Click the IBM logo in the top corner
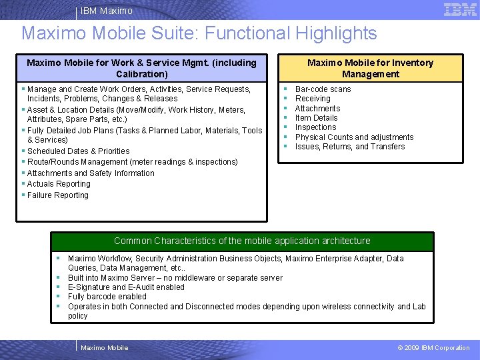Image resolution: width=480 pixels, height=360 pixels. click(x=459, y=9)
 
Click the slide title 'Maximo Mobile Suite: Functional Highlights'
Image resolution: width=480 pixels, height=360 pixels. click(x=199, y=33)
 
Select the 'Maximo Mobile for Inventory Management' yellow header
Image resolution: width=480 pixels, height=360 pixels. click(x=370, y=68)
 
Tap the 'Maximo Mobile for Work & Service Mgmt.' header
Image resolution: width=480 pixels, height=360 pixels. click(x=141, y=68)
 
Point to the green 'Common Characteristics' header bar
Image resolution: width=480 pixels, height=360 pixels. click(x=242, y=241)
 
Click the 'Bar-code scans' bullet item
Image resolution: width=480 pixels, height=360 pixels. click(x=323, y=89)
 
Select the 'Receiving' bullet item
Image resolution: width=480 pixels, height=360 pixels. click(x=313, y=99)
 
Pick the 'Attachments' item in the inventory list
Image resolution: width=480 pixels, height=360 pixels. click(x=317, y=109)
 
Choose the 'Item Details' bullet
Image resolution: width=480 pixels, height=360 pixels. click(x=316, y=118)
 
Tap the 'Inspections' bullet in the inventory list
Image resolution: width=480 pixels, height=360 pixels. click(x=315, y=127)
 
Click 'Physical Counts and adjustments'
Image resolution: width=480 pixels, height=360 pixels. click(x=354, y=137)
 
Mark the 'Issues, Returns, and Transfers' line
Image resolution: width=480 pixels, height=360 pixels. click(x=350, y=147)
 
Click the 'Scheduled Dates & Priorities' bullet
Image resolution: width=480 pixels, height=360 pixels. click(x=78, y=151)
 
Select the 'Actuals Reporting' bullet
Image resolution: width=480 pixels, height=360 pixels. click(x=59, y=184)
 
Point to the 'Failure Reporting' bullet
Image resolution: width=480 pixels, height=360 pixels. click(x=57, y=195)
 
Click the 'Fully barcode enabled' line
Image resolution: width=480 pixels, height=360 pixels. click(x=107, y=297)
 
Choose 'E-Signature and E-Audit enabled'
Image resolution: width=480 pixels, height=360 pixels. click(x=126, y=287)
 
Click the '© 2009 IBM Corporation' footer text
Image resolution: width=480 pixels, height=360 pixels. click(x=433, y=348)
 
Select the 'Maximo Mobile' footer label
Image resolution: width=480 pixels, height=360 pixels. click(x=104, y=348)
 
